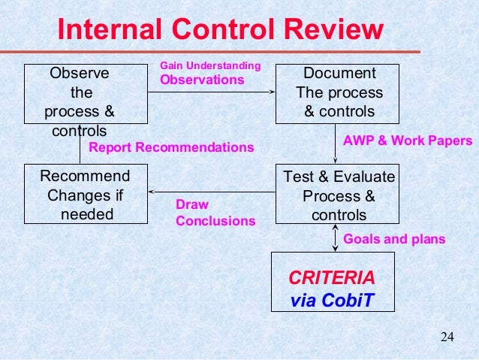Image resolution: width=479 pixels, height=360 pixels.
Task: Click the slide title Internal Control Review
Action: pyautogui.click(x=220, y=31)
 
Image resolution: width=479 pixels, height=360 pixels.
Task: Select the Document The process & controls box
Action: pyautogui.click(x=339, y=93)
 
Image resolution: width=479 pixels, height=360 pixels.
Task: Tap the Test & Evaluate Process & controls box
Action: pyautogui.click(x=339, y=194)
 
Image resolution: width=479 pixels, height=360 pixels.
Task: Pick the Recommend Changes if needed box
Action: pyautogui.click(x=84, y=194)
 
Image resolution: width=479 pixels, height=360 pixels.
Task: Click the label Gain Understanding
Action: pyautogui.click(x=210, y=68)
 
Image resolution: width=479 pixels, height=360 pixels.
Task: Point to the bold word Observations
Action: pyautogui.click(x=203, y=79)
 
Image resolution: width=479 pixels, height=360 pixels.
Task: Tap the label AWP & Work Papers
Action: pyautogui.click(x=407, y=141)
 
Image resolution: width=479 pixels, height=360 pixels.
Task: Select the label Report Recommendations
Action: pyautogui.click(x=171, y=147)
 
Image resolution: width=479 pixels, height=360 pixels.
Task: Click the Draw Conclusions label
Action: pyautogui.click(x=215, y=213)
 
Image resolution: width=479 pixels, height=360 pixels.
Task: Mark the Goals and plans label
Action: pyautogui.click(x=393, y=240)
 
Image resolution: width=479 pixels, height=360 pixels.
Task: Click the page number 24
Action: pyautogui.click(x=447, y=335)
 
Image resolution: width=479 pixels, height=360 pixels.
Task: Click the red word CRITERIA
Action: pyautogui.click(x=331, y=276)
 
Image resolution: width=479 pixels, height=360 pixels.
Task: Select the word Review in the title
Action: pyautogui.click(x=330, y=31)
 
